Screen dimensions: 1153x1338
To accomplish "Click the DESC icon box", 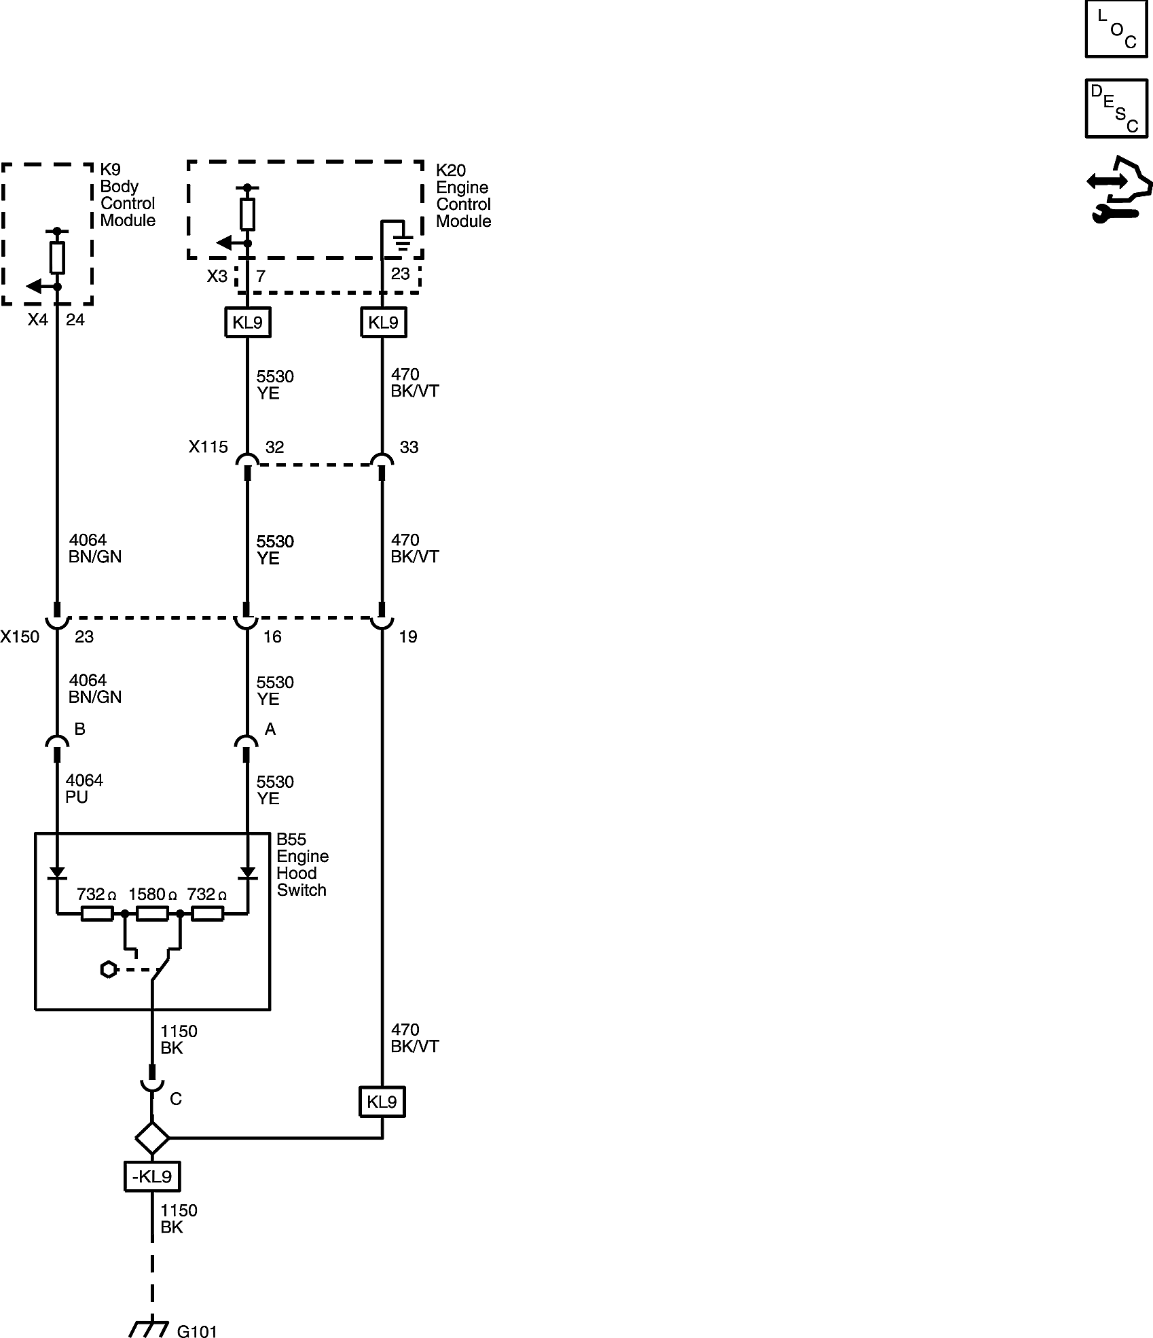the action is [1116, 109].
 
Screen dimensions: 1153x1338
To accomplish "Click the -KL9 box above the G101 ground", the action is [152, 1176].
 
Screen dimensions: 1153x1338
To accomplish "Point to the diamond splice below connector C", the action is [152, 1138].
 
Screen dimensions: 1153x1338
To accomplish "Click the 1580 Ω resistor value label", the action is [153, 894].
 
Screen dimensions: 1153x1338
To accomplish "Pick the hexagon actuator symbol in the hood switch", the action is [108, 970].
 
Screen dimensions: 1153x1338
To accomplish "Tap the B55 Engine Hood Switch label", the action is [302, 865].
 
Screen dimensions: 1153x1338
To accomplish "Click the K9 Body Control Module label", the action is [128, 195].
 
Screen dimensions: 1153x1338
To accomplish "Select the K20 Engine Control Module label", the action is [463, 196].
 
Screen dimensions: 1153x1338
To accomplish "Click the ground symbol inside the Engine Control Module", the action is [403, 241].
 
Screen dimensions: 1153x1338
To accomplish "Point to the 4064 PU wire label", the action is [84, 789].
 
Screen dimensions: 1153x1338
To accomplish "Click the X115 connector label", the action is [208, 447].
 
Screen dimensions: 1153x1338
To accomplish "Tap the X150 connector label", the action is [20, 636].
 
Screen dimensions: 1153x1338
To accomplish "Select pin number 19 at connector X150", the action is [407, 636].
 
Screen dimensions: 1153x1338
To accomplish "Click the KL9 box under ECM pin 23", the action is [383, 322].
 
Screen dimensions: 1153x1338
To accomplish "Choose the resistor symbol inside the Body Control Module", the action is [57, 257].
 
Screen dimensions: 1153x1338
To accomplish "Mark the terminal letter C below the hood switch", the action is [176, 1099].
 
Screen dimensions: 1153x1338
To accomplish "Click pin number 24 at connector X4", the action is [75, 320].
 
